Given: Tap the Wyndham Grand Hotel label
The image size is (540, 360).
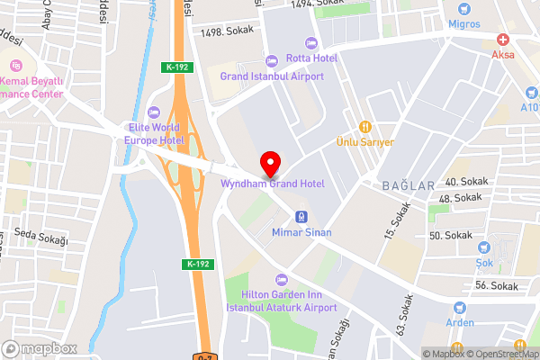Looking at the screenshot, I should [273, 184].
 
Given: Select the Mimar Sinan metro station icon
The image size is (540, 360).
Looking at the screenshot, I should [301, 217].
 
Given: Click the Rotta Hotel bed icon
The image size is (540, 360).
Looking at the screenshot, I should [311, 43].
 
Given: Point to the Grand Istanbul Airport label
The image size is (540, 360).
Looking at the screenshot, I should [273, 76].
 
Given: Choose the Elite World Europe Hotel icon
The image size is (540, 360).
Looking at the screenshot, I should [153, 112].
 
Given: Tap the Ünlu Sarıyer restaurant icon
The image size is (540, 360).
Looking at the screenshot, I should [365, 126].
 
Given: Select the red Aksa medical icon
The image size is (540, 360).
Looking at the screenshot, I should [502, 40].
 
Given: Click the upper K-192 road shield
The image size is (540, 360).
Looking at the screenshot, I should [176, 67].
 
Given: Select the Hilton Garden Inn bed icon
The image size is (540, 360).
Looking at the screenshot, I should [281, 279].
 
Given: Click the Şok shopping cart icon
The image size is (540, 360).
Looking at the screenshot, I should [486, 246].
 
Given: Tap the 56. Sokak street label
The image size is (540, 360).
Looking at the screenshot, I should [497, 286].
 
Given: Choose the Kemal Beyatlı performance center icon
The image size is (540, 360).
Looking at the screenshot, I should [15, 65].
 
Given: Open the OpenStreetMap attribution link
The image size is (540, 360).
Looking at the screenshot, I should [500, 354].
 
